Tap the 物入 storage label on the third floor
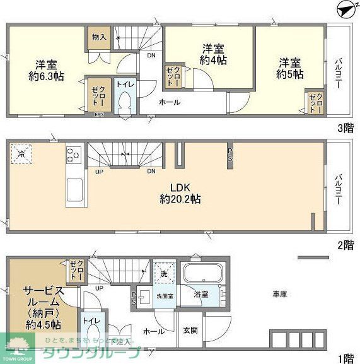[99, 37]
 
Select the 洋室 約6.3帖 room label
[45, 69]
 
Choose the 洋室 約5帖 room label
[289, 68]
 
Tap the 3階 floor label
[345, 129]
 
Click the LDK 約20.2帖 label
[179, 193]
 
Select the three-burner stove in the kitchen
[74, 153]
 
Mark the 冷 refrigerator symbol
[21, 153]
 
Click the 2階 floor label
[345, 245]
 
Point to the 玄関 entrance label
[190, 329]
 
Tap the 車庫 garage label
[281, 294]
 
